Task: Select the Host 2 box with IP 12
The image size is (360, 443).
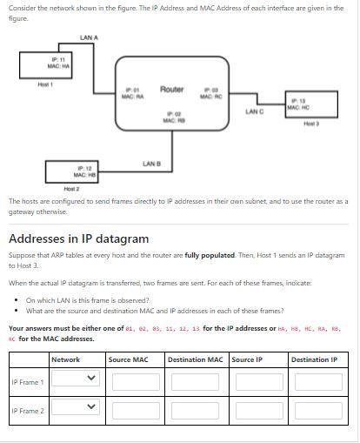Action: pos(85,171)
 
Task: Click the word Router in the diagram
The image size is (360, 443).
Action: pos(171,90)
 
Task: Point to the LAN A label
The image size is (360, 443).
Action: pos(89,37)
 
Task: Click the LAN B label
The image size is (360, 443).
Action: pos(150,163)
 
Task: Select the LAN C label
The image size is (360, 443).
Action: pos(255,112)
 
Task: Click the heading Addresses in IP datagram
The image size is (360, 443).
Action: pos(78,238)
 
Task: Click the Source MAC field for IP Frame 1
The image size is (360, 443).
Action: pos(134,380)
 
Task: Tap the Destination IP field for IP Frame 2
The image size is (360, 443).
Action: pos(318,410)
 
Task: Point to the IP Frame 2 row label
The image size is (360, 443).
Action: pos(27,410)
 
